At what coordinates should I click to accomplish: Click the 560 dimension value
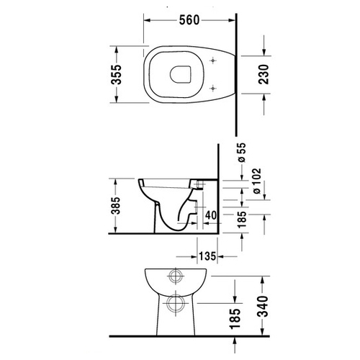(189, 20)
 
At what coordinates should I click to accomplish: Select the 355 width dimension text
(117, 74)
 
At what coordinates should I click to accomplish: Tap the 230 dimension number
(264, 74)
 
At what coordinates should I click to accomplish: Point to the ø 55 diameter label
(242, 153)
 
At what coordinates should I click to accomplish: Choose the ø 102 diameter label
(256, 181)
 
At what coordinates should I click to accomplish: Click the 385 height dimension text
(116, 206)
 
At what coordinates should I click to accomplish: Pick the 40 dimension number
(211, 215)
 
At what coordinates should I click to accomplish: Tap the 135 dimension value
(207, 256)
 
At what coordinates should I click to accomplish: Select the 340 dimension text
(263, 307)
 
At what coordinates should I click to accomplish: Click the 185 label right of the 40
(242, 220)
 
